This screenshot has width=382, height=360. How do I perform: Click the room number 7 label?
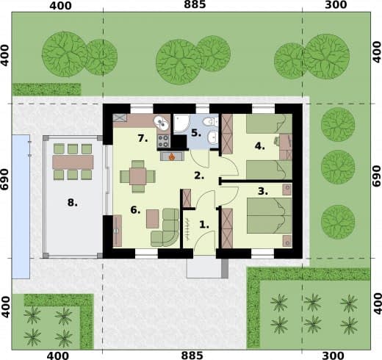tap(143, 138)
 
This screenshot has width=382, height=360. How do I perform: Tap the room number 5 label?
tap(196, 133)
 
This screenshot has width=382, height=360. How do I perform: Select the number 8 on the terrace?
tap(73, 203)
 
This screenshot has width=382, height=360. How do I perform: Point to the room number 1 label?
tap(204, 225)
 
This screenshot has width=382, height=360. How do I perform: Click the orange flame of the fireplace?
tap(172, 156)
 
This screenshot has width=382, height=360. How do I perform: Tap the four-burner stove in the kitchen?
tap(163, 141)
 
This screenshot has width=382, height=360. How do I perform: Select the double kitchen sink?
tap(161, 123)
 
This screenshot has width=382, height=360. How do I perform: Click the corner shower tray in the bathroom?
tap(181, 123)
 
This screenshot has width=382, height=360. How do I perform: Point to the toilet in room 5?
tap(211, 121)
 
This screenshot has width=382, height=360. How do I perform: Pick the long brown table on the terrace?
tap(73, 162)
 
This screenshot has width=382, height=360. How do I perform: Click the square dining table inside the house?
tap(138, 176)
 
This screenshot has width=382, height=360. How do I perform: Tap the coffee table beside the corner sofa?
tap(153, 219)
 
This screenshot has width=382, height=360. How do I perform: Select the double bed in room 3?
tap(270, 215)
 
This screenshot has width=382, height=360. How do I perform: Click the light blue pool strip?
tap(21, 206)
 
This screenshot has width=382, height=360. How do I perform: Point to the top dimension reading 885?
tap(195, 4)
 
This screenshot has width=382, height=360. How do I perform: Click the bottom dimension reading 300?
tap(335, 356)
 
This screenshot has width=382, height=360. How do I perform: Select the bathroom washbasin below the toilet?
tap(212, 137)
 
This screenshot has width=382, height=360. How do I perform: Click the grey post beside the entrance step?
tap(225, 268)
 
